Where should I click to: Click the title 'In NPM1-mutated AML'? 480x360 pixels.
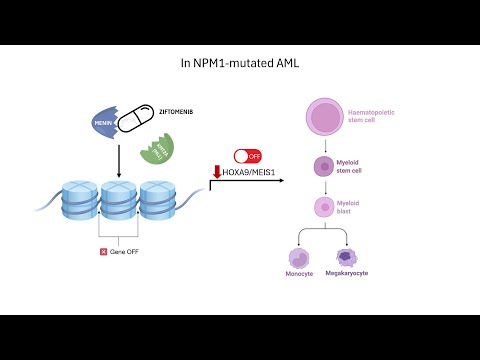pos(239,63)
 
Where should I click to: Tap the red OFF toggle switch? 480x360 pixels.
pos(247,156)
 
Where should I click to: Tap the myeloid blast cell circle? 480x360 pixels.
pos(323,208)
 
